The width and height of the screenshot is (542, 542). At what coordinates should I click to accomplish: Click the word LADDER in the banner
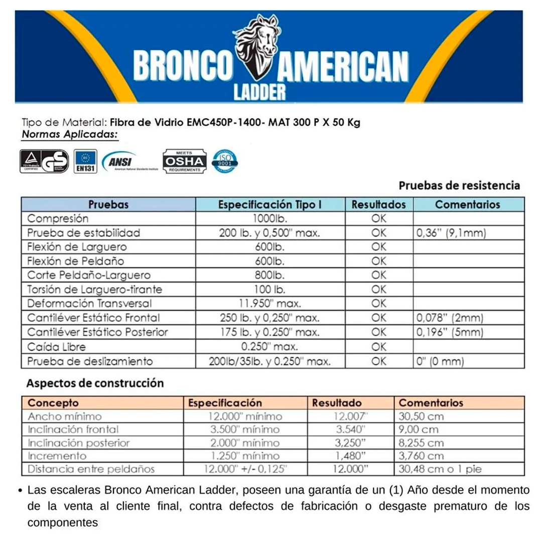pos(260,91)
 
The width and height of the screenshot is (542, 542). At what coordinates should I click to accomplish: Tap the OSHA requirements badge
pos(184,161)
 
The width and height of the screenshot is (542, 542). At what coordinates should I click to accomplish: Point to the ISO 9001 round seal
pos(225,161)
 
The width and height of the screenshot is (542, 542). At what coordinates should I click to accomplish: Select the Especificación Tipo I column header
pos(269,205)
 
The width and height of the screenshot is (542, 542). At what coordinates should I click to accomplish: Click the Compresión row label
pos(58,219)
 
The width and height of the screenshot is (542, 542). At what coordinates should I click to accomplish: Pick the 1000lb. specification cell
pos(269,219)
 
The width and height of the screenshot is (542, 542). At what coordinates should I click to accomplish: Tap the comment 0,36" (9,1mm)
pos(451,233)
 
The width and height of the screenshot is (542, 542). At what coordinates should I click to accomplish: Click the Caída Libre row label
pos(56,347)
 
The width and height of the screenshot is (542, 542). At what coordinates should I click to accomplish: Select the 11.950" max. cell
pos(269,304)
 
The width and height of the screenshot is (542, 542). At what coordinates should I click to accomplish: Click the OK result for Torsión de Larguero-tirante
pos(379,290)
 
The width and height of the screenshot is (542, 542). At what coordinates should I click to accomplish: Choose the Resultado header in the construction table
pos(337,403)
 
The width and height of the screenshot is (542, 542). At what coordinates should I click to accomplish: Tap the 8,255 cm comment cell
pos(421,443)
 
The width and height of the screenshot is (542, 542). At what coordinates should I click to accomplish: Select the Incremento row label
pos(57,456)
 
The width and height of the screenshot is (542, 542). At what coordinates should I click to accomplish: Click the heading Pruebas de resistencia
pos(459,186)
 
